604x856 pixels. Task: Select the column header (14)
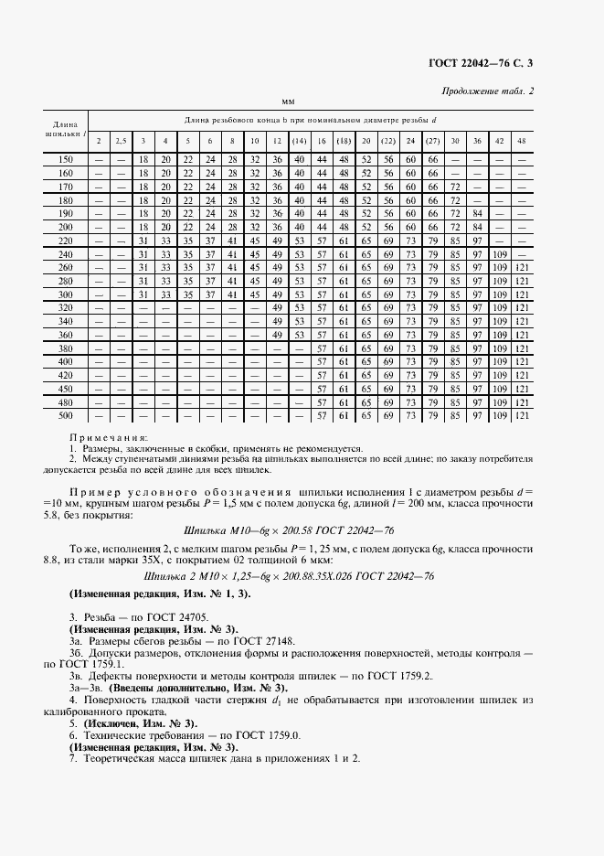(x=298, y=141)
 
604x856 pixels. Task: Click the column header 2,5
(x=121, y=141)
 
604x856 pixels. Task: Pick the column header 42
(x=499, y=141)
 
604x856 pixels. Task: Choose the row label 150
(x=65, y=160)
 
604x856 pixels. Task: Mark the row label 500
(x=65, y=416)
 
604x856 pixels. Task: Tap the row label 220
(x=65, y=240)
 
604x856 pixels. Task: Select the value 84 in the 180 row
(x=476, y=200)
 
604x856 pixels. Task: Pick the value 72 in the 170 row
(x=454, y=187)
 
